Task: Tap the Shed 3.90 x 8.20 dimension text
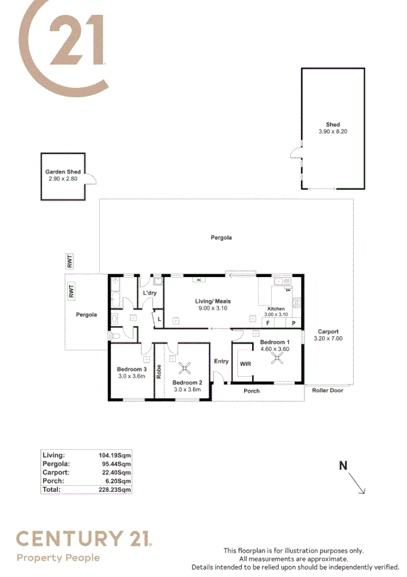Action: tap(332, 132)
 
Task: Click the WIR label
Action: tap(245, 364)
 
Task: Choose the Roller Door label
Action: tap(328, 391)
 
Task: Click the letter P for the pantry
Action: tap(294, 323)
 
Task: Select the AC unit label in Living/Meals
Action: tap(199, 280)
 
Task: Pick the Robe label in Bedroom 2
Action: tap(158, 372)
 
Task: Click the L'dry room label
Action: tap(149, 293)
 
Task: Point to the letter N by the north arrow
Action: tap(343, 465)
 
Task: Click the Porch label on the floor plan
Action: tap(251, 391)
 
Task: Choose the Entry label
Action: tap(222, 361)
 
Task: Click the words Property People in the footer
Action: tap(58, 558)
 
